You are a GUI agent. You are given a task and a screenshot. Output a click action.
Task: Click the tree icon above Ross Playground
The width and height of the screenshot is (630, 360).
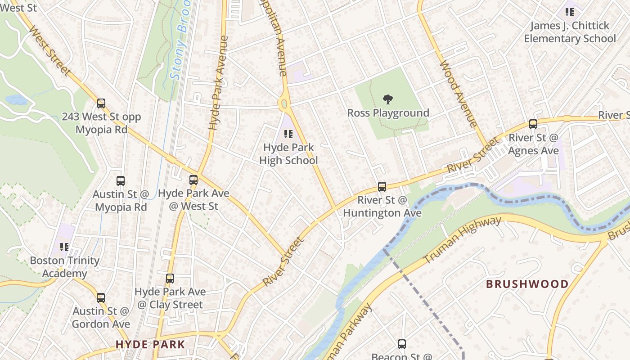[x=387, y=99]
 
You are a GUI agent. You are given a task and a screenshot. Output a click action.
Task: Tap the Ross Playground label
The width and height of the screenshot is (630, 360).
[x=388, y=113]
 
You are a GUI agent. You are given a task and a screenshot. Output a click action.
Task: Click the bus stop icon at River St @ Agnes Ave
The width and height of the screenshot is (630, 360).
[x=533, y=124]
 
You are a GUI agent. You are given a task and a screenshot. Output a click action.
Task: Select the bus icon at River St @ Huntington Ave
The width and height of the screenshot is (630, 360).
[x=382, y=186]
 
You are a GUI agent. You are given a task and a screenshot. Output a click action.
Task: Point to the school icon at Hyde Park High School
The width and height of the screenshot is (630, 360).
[x=288, y=134]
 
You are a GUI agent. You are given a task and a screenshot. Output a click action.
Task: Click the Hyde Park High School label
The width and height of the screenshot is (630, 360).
[x=288, y=154]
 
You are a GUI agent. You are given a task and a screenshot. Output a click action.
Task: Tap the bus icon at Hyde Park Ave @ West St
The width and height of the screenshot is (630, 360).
[x=193, y=180]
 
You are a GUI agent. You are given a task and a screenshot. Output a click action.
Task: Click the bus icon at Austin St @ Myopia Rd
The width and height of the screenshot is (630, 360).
[x=121, y=181]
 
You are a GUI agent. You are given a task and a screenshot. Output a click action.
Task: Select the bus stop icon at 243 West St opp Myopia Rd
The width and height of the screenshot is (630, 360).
[x=101, y=103]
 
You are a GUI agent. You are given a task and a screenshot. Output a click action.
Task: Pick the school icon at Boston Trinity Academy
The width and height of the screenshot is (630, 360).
[x=64, y=247]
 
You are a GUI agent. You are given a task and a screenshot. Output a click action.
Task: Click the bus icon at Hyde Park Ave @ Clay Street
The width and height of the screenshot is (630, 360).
[x=170, y=279]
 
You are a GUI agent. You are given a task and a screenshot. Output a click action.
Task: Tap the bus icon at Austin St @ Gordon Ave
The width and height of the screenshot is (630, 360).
[x=101, y=297]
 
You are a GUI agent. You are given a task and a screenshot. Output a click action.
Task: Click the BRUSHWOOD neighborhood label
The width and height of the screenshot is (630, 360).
[x=527, y=284]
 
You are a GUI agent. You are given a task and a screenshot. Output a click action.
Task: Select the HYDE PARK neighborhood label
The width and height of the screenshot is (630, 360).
[x=150, y=345]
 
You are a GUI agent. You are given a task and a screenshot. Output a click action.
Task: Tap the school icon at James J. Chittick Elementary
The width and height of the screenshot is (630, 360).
[x=570, y=12]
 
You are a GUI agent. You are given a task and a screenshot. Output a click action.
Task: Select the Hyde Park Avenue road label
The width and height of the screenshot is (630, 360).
[x=219, y=83]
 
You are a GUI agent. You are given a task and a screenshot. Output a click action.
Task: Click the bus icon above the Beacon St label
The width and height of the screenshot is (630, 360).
[x=402, y=344]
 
